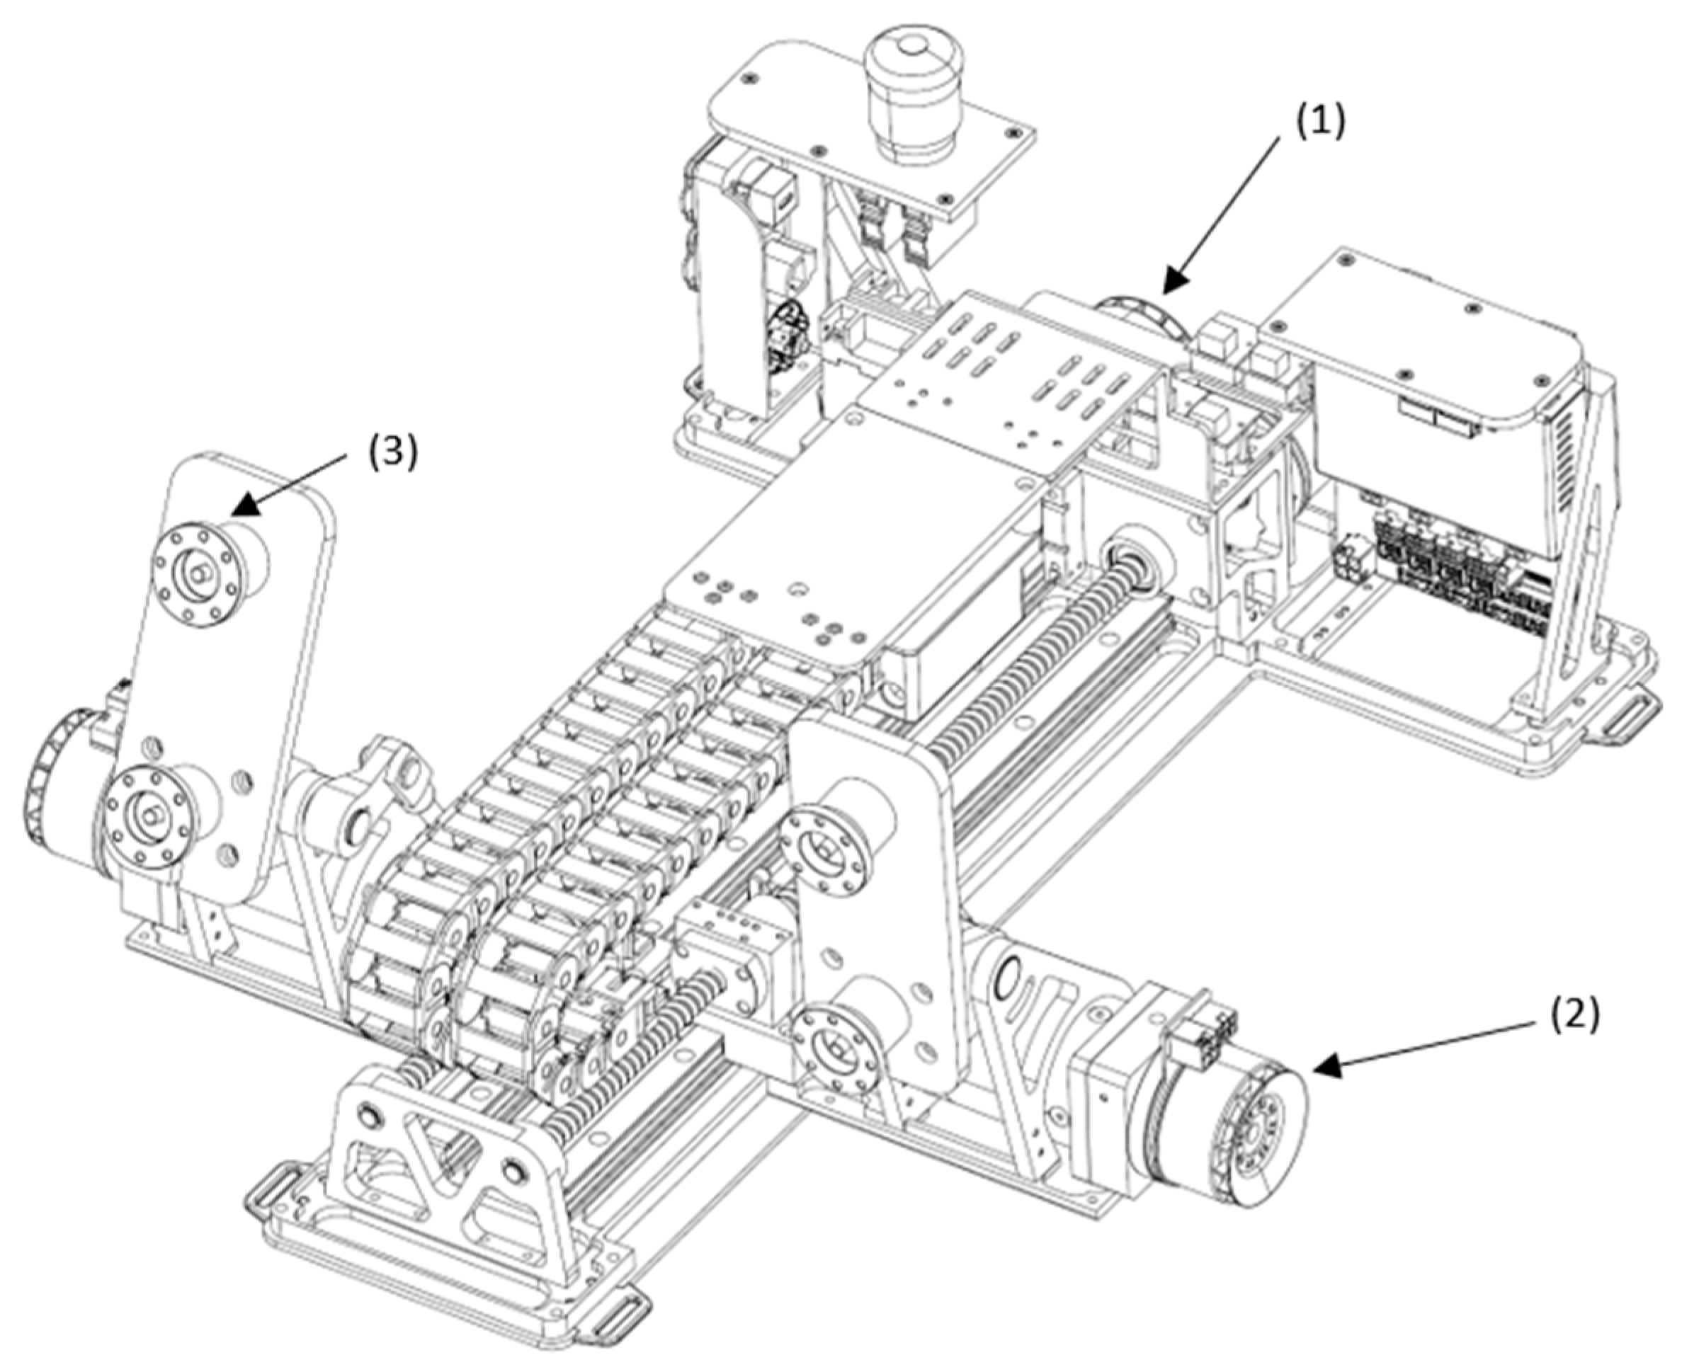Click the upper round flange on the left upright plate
click(x=193, y=568)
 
